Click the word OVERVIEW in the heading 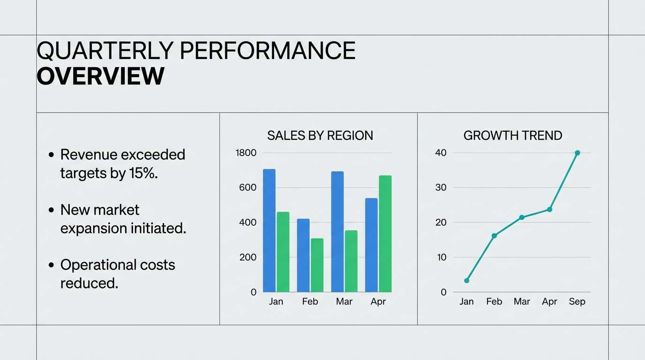[100, 76]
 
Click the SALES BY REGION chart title [320, 135]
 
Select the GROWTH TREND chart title [512, 135]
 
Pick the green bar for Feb [317, 265]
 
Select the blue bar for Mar [337, 232]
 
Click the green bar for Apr [385, 233]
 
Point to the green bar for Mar [351, 261]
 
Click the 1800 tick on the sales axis [246, 153]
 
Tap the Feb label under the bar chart [310, 301]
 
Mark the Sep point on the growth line [577, 153]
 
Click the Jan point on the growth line [466, 280]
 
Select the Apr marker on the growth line [549, 210]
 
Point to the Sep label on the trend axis [577, 301]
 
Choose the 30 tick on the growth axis [441, 187]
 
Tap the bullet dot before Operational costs [52, 265]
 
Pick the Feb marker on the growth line [494, 235]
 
